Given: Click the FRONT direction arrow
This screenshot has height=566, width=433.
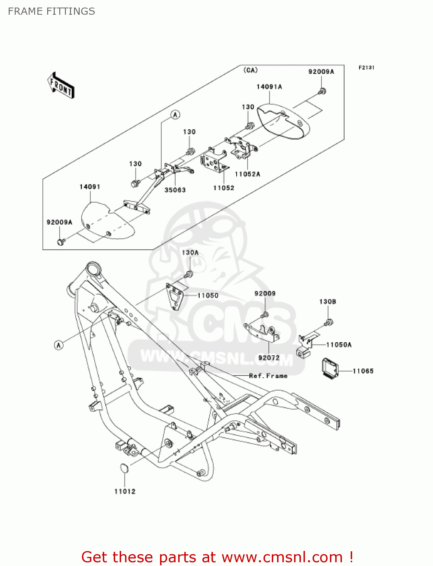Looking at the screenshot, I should (x=61, y=86).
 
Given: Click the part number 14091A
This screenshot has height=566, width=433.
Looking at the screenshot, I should (x=269, y=87).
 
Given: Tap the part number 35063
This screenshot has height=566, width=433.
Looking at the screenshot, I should (x=175, y=190).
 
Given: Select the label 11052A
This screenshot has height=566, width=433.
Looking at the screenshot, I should (x=247, y=174).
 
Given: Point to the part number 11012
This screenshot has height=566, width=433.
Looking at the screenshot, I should (x=125, y=491).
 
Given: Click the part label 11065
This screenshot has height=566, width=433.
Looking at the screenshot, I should (x=363, y=371).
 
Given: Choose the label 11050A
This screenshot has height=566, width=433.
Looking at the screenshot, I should (x=339, y=345).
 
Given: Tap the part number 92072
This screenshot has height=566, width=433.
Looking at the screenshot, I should (x=269, y=357).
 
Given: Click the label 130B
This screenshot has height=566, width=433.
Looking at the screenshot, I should (x=327, y=301).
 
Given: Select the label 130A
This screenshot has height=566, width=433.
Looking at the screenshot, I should (x=190, y=252).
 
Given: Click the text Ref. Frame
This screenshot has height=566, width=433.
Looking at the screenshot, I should (x=268, y=376).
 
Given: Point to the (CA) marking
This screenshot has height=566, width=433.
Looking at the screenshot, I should (x=250, y=70).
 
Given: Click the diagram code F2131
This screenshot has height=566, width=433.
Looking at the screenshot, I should (x=366, y=68).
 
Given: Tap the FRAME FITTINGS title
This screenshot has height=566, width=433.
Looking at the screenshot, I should (x=51, y=11).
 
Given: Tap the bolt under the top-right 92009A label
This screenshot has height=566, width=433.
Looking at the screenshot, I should (x=322, y=91).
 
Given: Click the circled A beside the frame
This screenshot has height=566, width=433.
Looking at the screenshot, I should (x=59, y=345).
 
